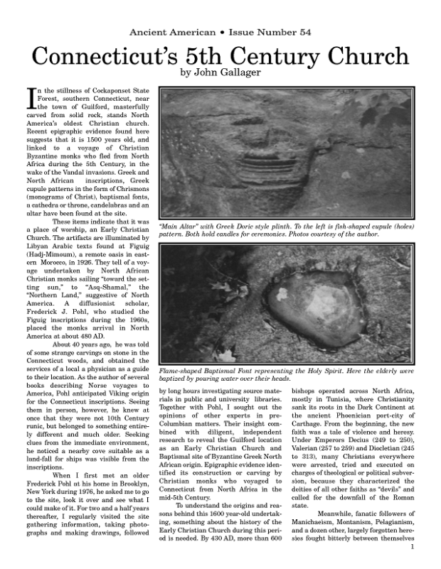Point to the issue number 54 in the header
click(x=304, y=33)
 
